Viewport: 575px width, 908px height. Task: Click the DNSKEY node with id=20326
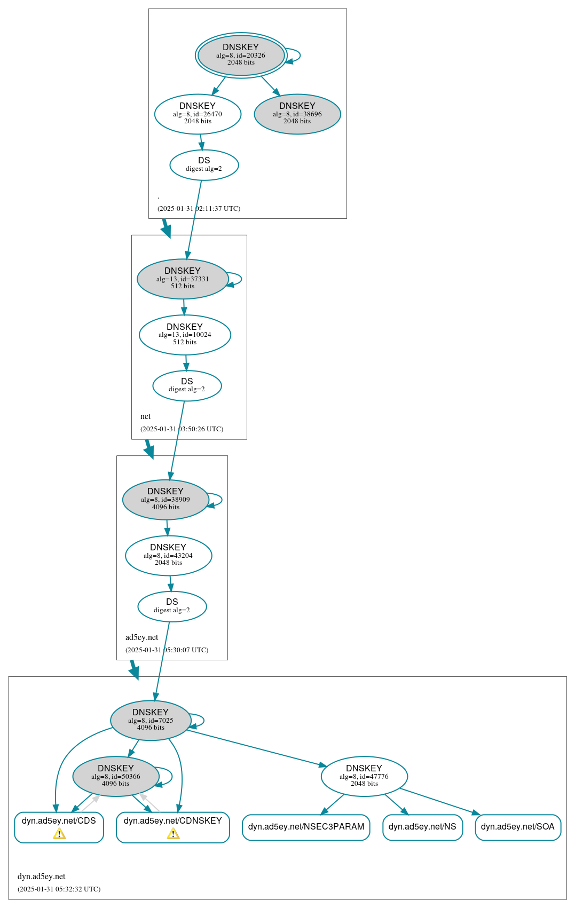coord(241,55)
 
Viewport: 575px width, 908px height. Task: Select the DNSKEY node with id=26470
coord(198,114)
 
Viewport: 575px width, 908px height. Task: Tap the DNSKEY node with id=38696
coord(297,114)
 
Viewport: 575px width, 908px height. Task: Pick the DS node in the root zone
coord(204,165)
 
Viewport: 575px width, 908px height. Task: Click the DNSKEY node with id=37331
coord(183,279)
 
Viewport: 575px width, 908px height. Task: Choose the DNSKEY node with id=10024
coord(185,335)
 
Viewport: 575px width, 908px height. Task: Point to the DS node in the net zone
coord(187,385)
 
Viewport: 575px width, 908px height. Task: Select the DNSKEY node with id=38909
coord(166,500)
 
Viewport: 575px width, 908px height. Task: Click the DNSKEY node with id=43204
coord(168,555)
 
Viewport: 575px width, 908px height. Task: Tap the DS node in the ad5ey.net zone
coord(172,606)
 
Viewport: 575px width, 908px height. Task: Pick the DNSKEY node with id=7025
coord(151,720)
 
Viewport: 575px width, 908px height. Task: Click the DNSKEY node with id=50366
coord(116,776)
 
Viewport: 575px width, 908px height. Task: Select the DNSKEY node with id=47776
coord(364,776)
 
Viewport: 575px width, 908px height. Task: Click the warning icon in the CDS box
coord(59,834)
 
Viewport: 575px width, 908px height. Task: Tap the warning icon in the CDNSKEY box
coord(173,834)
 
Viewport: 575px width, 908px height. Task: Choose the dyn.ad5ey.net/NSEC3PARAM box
coord(306,827)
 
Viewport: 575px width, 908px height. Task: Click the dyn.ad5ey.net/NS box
coord(422,827)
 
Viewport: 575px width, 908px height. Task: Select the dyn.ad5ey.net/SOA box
coord(517,827)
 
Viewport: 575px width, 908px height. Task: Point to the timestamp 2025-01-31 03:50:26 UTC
coord(182,429)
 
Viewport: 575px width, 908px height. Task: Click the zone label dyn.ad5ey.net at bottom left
coord(42,876)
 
